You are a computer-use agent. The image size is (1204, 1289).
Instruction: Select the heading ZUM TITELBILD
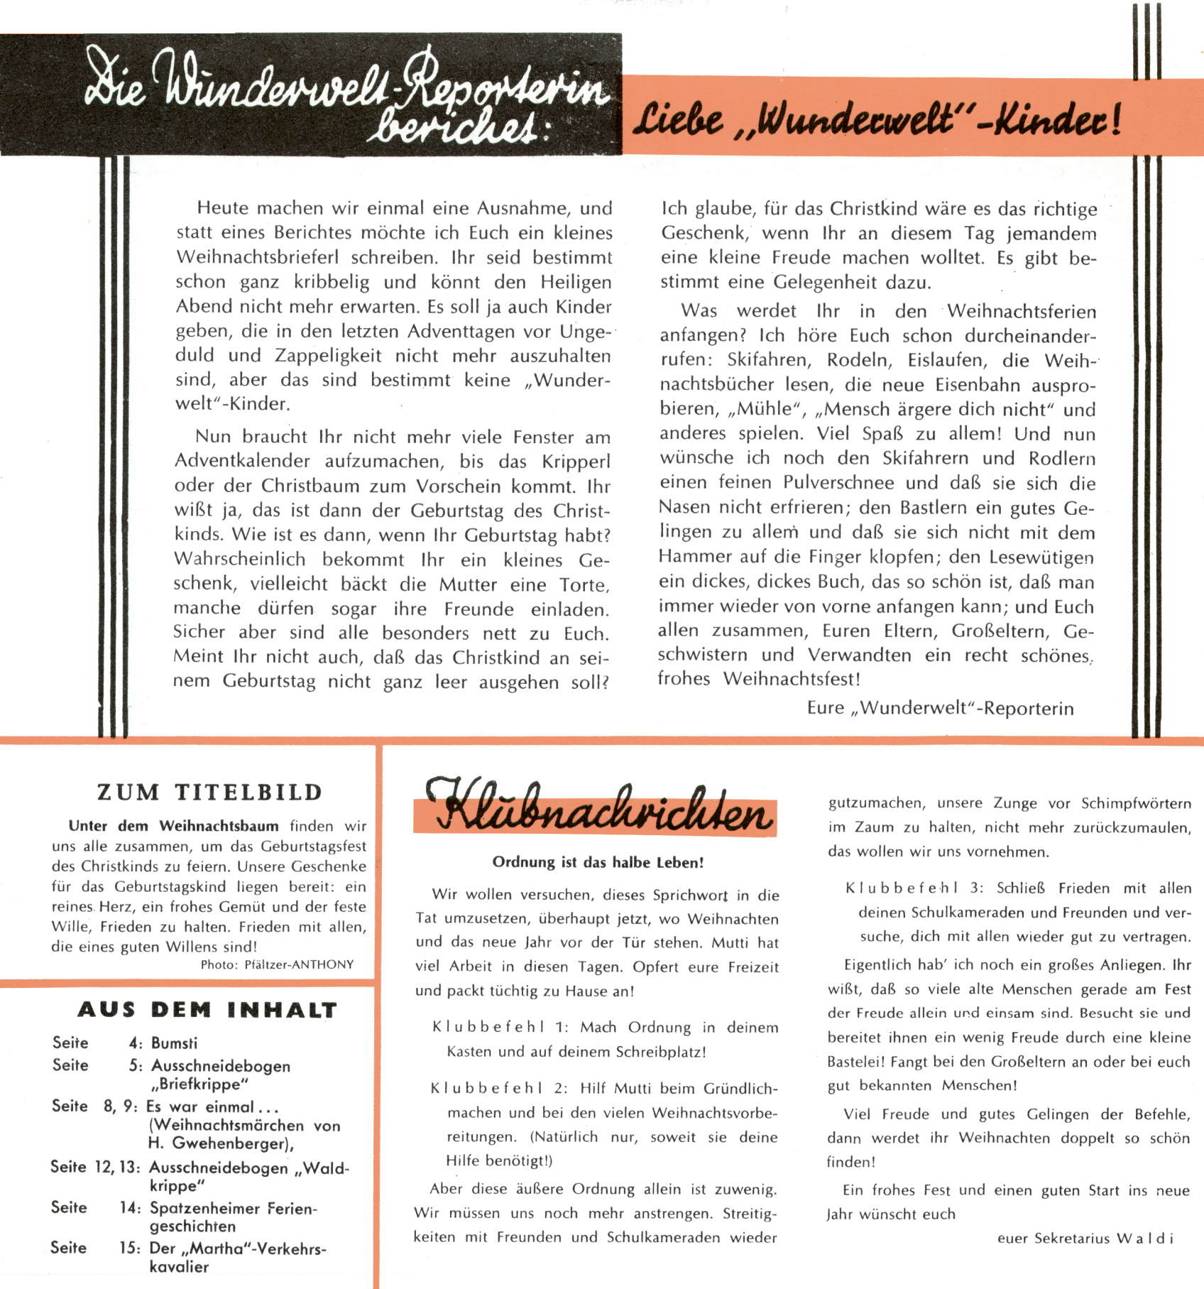(x=210, y=793)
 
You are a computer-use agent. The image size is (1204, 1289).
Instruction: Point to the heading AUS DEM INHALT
(x=207, y=1010)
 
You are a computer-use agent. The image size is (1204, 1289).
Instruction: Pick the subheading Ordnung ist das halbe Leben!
(x=598, y=863)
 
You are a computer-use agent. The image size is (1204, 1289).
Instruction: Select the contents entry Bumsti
(x=175, y=1043)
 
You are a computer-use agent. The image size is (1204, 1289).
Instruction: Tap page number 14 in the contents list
(x=130, y=1208)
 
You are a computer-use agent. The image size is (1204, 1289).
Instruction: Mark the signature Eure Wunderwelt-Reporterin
(x=940, y=708)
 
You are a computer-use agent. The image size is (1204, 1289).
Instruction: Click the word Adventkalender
(x=242, y=462)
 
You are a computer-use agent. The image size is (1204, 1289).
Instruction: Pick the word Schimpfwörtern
(x=1136, y=804)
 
